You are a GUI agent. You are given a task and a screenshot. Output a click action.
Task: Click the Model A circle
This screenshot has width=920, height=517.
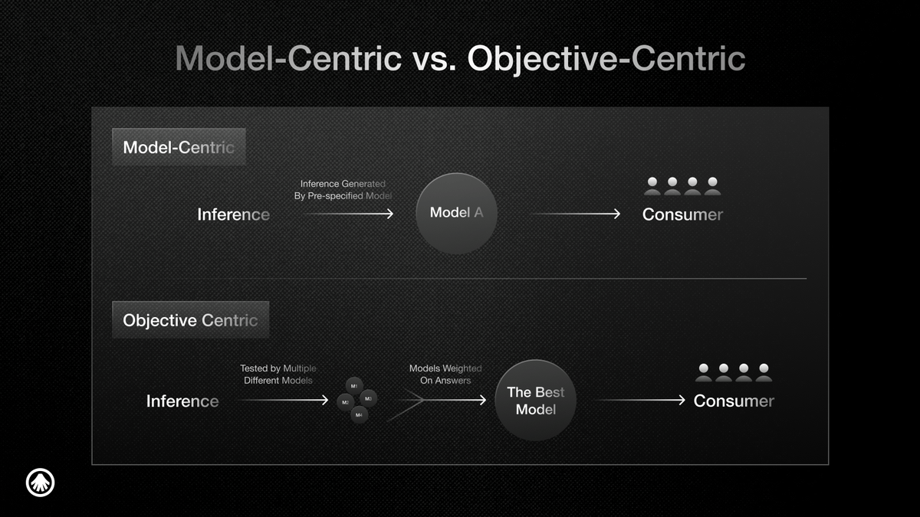click(x=456, y=214)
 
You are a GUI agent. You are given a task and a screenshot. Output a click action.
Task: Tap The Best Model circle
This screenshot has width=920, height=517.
click(x=536, y=401)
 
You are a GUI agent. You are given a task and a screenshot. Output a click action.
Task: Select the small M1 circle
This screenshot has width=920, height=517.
click(x=354, y=386)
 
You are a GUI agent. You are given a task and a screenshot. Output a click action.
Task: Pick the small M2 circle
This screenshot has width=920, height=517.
click(x=346, y=402)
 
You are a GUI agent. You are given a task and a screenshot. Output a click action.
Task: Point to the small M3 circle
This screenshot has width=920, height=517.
click(x=368, y=398)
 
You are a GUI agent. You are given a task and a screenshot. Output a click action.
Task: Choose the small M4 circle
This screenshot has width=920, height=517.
click(x=359, y=415)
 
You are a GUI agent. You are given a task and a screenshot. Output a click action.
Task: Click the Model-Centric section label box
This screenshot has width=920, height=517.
click(x=179, y=147)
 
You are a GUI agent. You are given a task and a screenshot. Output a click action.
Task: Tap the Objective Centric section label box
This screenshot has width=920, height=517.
click(x=191, y=320)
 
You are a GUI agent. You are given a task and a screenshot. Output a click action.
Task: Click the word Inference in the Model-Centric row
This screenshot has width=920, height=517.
click(x=233, y=214)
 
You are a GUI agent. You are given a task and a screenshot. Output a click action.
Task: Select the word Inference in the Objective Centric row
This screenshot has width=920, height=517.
click(x=182, y=401)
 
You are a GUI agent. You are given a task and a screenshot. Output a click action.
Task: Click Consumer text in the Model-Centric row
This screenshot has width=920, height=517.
click(x=682, y=214)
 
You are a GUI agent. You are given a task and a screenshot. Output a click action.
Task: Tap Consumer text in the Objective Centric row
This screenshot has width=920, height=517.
click(x=734, y=401)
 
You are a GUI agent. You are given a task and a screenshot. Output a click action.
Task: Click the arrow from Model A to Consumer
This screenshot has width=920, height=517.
click(x=575, y=214)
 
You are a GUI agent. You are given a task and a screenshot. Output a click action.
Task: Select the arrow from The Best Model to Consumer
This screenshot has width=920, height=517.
click(x=640, y=400)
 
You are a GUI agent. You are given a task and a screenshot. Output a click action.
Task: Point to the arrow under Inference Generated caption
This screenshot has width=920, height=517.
click(x=349, y=214)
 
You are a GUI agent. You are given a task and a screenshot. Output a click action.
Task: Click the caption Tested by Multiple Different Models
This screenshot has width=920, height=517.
click(x=278, y=375)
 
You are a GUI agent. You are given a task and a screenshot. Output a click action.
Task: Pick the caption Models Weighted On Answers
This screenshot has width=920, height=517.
click(x=445, y=375)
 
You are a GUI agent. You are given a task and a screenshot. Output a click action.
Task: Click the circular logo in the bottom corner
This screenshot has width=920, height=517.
click(x=40, y=483)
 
